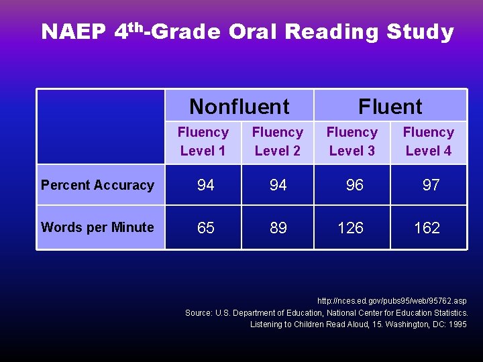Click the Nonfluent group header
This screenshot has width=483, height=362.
pos(239,107)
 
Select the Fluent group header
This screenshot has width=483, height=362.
pos(390,107)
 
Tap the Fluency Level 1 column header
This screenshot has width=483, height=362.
pos(203,141)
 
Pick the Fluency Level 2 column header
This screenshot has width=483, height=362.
pos(277,141)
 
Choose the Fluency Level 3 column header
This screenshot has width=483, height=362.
pos(352,141)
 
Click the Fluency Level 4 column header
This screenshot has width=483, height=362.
pos(428,141)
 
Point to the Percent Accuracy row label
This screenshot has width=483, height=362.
pos(98,185)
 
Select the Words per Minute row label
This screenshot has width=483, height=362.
pos(98,227)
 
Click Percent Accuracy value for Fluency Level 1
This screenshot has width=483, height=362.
pos(205,186)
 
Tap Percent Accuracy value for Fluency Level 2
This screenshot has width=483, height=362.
pos(278,186)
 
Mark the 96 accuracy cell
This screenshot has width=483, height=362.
pos(354,186)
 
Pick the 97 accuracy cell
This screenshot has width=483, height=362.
pos(431,186)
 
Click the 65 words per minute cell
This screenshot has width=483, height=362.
pos(205,228)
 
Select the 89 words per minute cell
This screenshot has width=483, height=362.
pos(278,228)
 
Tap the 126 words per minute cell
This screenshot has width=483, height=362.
pos(350,228)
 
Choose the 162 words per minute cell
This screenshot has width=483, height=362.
pos(427,228)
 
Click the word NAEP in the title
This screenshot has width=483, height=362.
pos(72,32)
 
